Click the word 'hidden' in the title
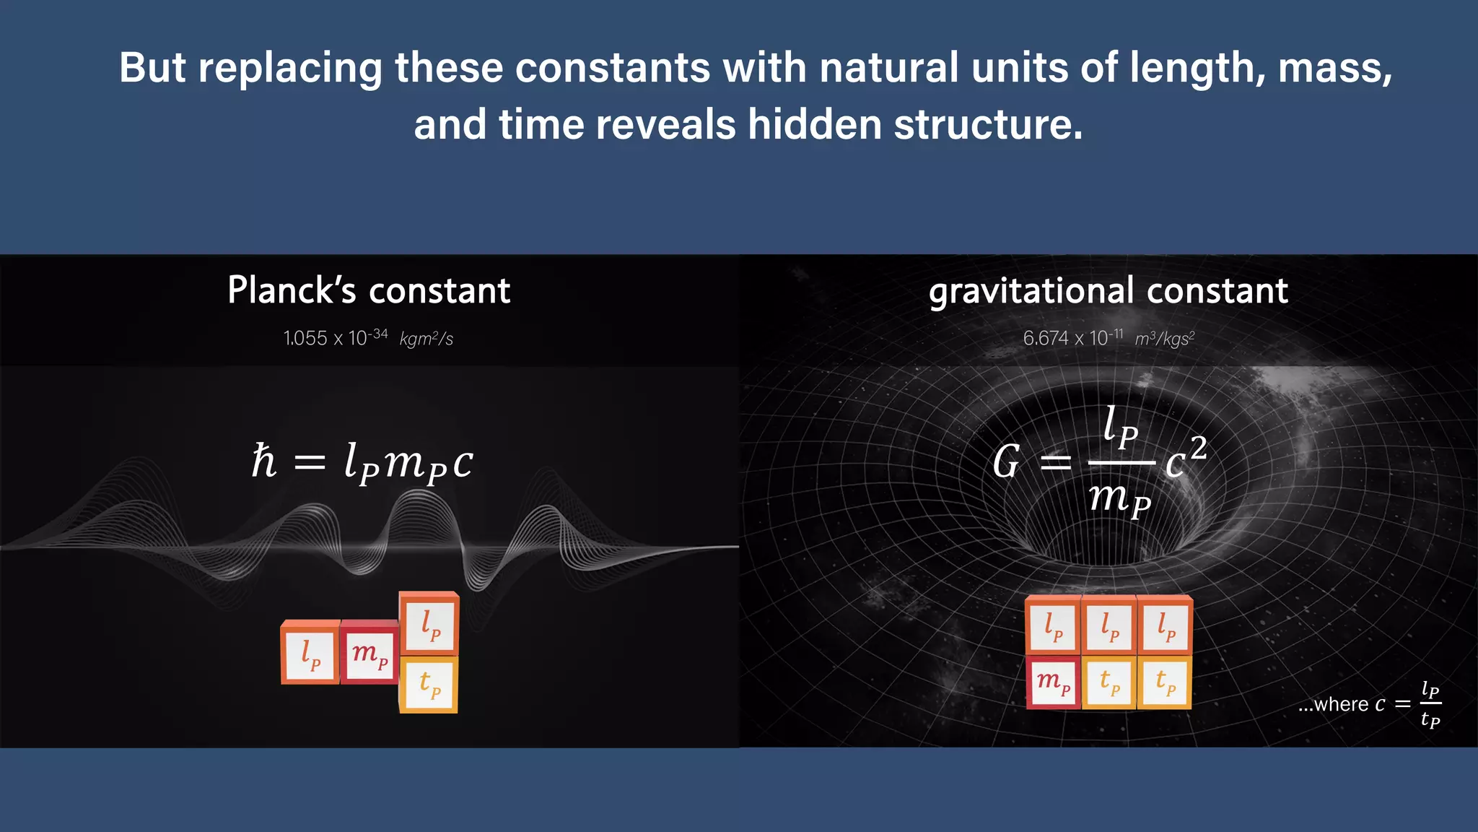(x=813, y=124)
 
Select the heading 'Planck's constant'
(x=369, y=290)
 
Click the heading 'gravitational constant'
(x=1108, y=290)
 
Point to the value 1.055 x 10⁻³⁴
(x=336, y=337)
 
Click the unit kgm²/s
(x=426, y=339)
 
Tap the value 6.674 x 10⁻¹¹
(x=1073, y=337)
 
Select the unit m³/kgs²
(x=1165, y=339)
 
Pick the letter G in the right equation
(x=1006, y=462)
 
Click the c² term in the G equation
(x=1186, y=458)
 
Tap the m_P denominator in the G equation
(x=1119, y=498)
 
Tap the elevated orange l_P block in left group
(x=429, y=625)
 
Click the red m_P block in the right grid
(x=1053, y=682)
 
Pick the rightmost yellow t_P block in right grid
(x=1165, y=682)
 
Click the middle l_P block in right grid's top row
(x=1109, y=625)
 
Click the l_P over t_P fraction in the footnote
(x=1430, y=703)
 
